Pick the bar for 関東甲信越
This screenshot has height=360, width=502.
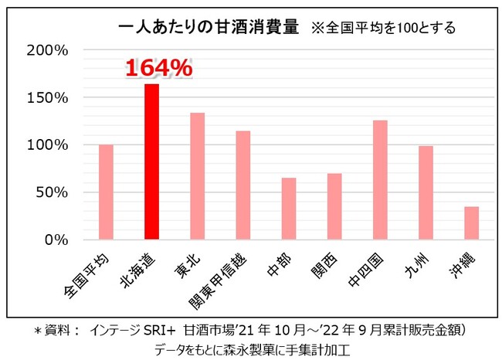coord(243,185)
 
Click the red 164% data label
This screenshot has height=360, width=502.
coord(158,68)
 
